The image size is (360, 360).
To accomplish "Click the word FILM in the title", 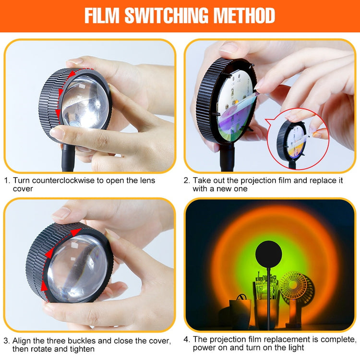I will [102, 15].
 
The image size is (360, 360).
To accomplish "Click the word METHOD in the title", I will [244, 15].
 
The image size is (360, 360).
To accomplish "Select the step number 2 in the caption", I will [187, 180].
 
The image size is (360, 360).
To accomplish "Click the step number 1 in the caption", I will [6, 180].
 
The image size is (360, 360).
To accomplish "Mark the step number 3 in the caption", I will [6, 341].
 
